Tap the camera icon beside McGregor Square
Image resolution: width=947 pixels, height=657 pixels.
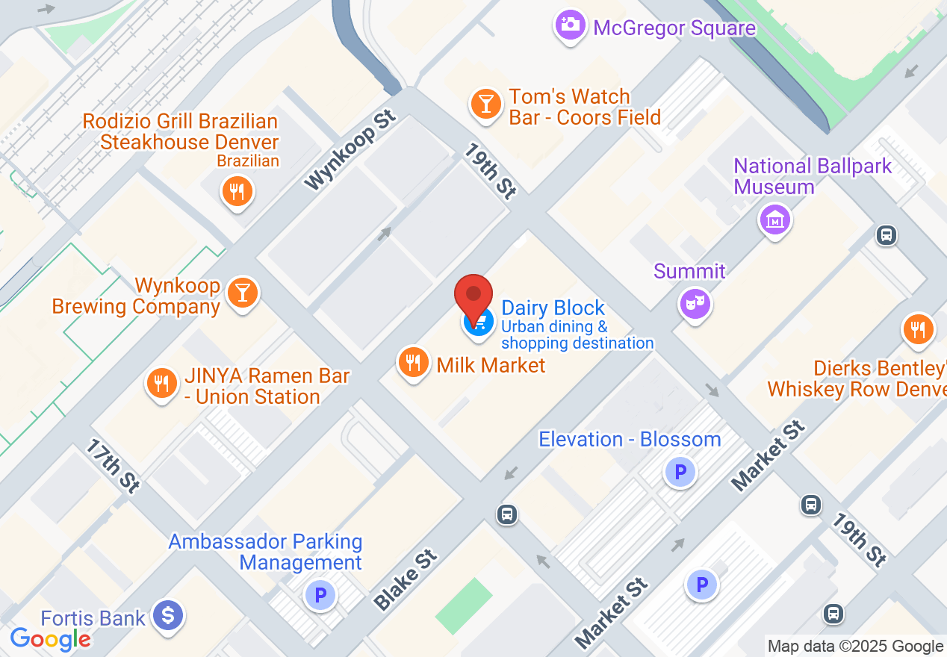[571, 25]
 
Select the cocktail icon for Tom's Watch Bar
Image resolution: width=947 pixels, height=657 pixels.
[486, 105]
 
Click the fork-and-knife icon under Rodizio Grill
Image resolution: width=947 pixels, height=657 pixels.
[237, 192]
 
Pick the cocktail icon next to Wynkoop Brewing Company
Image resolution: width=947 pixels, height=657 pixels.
[242, 292]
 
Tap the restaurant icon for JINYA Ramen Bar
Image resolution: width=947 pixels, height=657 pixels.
[161, 384]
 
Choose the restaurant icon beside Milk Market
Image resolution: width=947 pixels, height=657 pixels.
[412, 363]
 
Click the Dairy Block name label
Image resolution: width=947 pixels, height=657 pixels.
[553, 308]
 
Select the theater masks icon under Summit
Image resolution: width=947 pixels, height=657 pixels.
[695, 303]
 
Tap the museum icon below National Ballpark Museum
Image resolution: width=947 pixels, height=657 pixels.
[774, 220]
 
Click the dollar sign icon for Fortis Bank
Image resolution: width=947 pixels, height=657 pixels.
[168, 616]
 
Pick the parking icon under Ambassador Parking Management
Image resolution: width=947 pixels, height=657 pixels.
[321, 595]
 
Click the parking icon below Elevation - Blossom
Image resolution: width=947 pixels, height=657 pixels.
[680, 472]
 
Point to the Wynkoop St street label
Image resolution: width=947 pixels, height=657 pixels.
[350, 152]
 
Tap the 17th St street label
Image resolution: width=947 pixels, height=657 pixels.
[113, 466]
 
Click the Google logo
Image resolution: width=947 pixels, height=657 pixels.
[50, 639]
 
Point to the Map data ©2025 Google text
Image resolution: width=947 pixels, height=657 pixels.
[855, 646]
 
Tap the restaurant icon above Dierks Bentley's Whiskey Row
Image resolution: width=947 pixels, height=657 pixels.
[918, 329]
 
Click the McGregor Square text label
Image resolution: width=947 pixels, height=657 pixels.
[674, 28]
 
